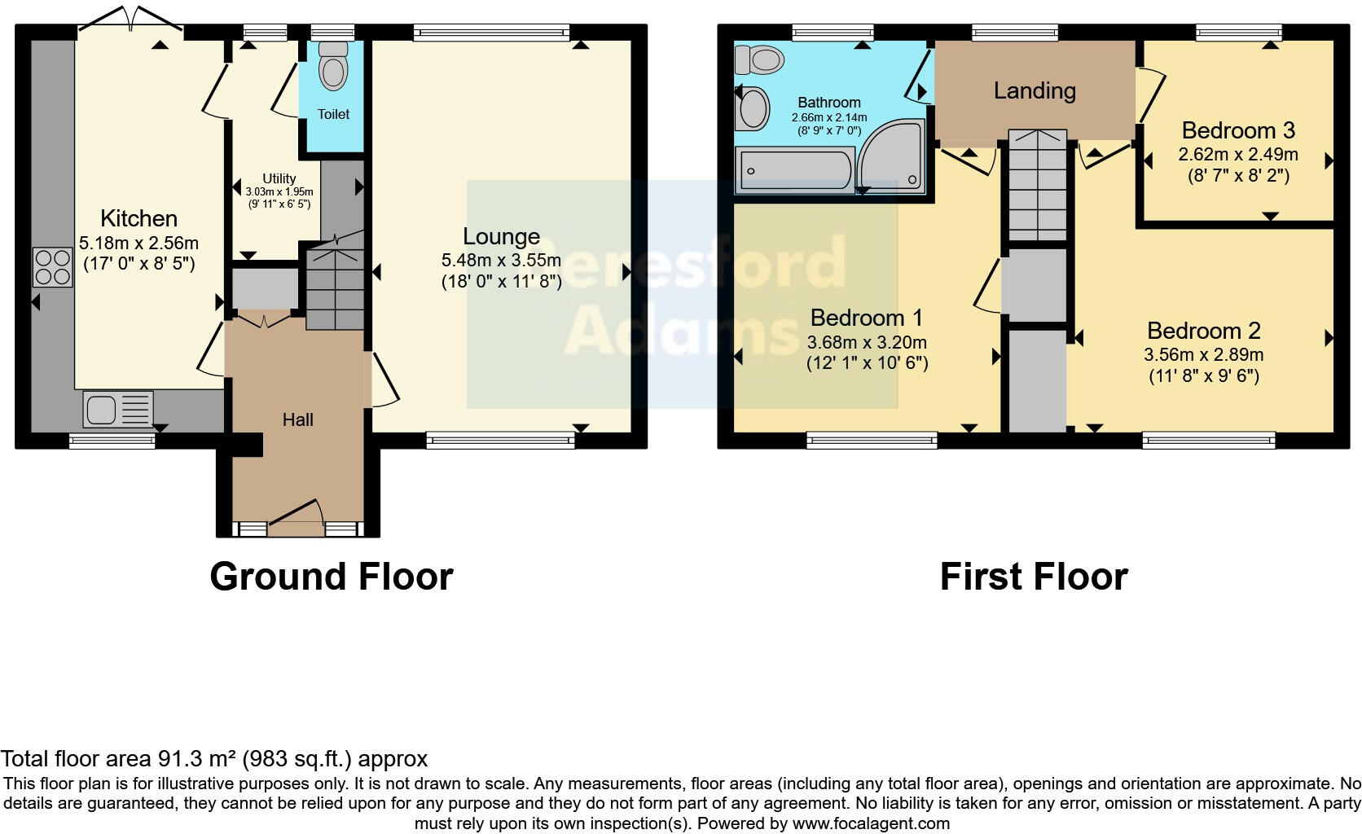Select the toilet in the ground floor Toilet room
[x=332, y=65]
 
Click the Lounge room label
[x=501, y=237]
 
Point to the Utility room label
[x=279, y=178]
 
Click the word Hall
[x=297, y=420]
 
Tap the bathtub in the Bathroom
[x=794, y=170]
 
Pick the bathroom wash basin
[x=752, y=108]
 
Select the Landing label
[x=1035, y=90]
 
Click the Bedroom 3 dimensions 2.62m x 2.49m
[x=1237, y=155]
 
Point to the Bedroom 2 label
[x=1203, y=331]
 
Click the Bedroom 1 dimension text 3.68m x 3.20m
[x=867, y=343]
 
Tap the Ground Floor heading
[x=331, y=577]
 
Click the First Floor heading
[x=1033, y=577]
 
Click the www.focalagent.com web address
[x=870, y=823]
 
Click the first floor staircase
[x=1037, y=184]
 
